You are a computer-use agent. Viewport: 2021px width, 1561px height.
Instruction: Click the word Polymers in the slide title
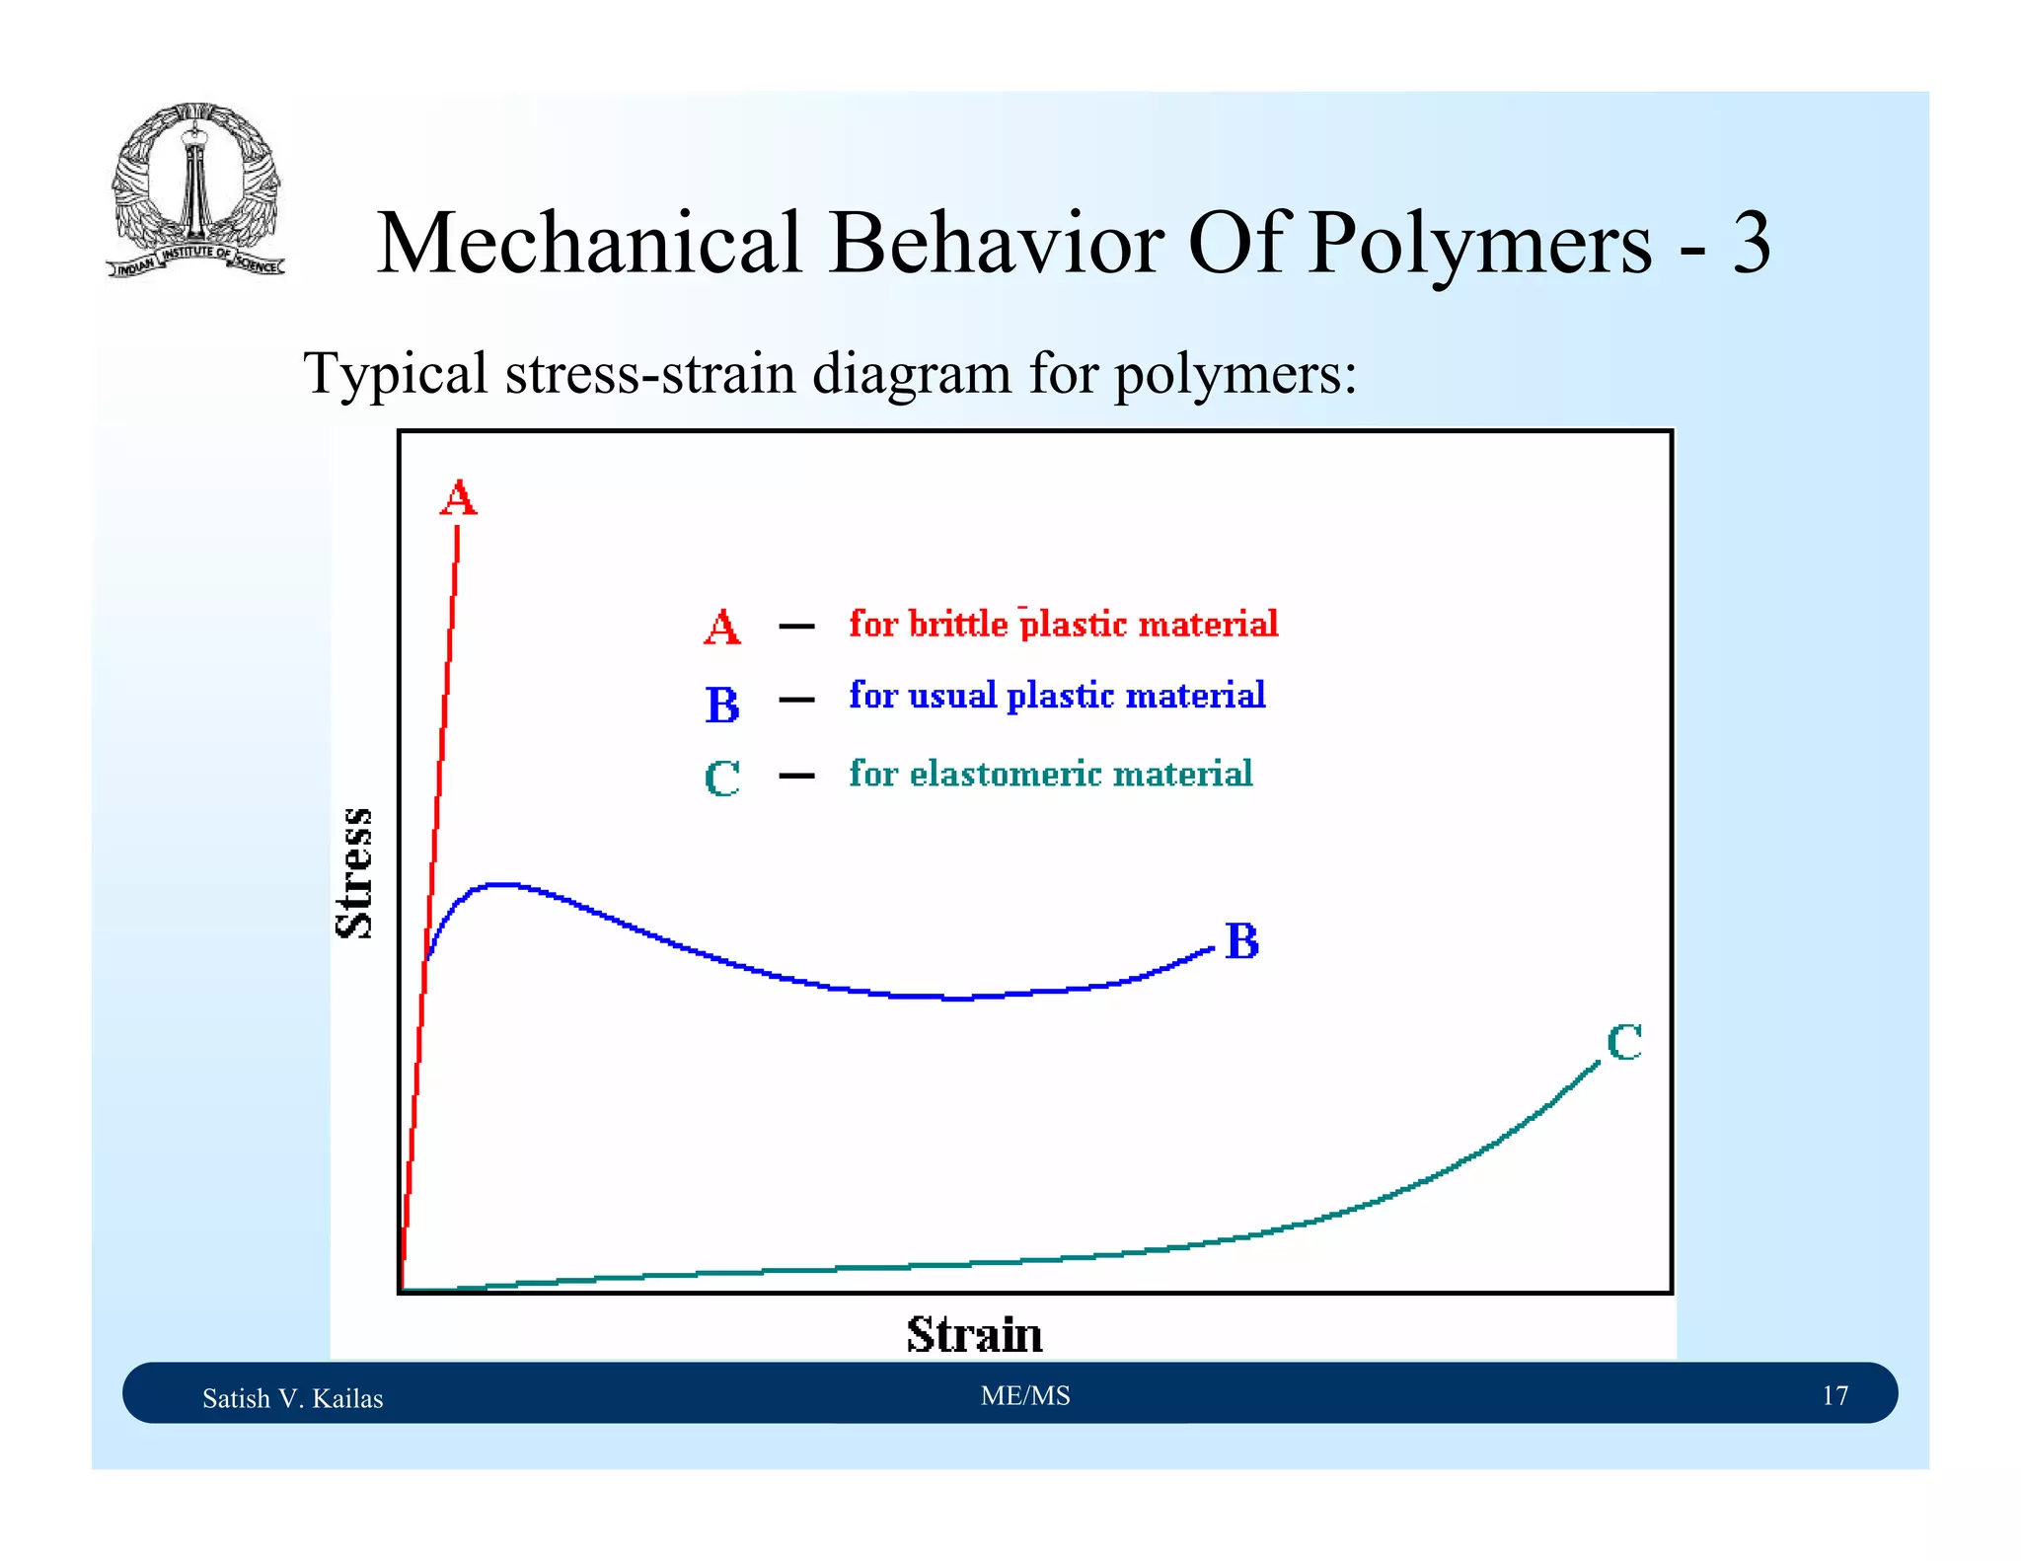click(1479, 244)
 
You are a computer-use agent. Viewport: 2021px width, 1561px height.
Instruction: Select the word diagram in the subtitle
click(913, 374)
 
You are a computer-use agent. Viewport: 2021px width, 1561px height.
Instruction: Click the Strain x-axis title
click(974, 1334)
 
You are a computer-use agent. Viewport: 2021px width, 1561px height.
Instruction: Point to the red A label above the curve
click(458, 497)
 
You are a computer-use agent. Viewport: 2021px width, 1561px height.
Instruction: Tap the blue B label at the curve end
click(1241, 941)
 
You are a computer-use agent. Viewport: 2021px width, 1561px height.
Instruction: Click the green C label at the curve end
click(1623, 1042)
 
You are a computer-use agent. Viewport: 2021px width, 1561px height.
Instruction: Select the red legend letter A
click(721, 628)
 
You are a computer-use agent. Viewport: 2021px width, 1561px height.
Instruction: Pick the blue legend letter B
click(721, 705)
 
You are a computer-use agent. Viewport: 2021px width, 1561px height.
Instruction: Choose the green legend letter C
click(721, 779)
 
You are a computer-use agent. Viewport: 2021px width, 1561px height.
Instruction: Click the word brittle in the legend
click(957, 624)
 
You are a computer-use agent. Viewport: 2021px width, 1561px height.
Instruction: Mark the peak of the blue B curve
click(501, 885)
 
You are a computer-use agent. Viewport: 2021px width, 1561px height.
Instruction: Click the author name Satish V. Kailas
click(292, 1398)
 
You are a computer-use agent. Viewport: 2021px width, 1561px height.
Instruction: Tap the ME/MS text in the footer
click(1025, 1395)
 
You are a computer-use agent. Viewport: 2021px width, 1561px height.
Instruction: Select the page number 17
click(1834, 1395)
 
